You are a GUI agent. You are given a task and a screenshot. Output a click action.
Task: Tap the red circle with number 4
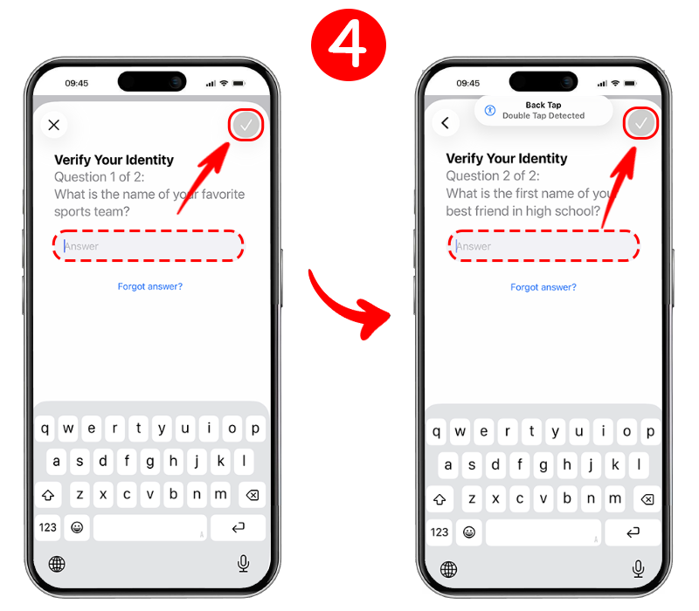(348, 45)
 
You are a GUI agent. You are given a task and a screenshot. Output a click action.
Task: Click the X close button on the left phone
(54, 125)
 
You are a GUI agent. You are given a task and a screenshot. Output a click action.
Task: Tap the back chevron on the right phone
(446, 123)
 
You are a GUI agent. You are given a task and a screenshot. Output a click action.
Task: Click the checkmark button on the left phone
(246, 125)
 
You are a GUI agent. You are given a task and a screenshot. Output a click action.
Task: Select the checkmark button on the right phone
(640, 123)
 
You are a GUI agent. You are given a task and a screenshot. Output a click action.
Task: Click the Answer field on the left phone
(148, 246)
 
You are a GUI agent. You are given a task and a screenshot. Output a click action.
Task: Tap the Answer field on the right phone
(543, 246)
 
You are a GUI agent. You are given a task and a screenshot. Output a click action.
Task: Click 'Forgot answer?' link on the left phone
(149, 286)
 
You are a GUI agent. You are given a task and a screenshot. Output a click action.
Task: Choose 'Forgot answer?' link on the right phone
(543, 287)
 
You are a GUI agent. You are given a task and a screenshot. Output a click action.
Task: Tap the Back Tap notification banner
(543, 111)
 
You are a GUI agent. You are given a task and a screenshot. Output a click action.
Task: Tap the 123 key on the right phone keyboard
(439, 532)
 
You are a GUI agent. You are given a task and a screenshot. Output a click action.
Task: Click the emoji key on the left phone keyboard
(77, 528)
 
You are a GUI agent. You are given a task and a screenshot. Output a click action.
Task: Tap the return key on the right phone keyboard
(633, 532)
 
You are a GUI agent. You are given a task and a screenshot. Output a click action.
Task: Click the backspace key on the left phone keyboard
(253, 495)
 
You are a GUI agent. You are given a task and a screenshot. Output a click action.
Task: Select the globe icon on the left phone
(57, 564)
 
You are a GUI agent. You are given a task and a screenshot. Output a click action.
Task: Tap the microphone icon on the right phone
(639, 569)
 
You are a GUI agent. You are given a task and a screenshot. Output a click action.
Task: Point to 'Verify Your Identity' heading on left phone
(114, 160)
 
